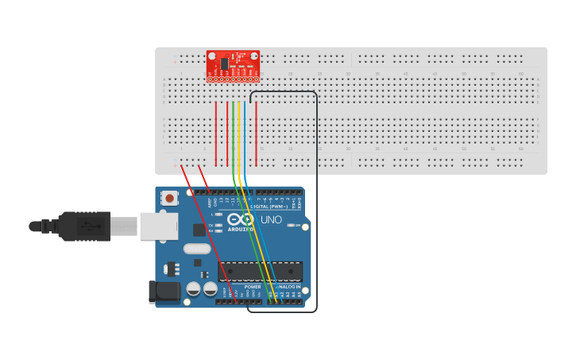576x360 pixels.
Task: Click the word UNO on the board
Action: [x=271, y=219]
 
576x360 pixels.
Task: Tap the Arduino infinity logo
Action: [x=240, y=219]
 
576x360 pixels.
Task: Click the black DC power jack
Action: [x=164, y=292]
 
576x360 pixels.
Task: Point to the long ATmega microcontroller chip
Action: [x=260, y=271]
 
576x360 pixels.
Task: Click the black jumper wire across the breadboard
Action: [x=316, y=199]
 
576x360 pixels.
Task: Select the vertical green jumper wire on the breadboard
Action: [x=233, y=135]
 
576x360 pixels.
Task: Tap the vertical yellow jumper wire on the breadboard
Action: [x=238, y=135]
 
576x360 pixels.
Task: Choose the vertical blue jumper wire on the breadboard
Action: [x=245, y=135]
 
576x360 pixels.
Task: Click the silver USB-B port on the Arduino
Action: [x=158, y=226]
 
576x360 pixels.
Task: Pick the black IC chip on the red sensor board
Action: [x=225, y=64]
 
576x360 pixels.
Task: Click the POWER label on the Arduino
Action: [x=242, y=286]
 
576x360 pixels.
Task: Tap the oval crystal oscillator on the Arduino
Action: [x=197, y=249]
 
